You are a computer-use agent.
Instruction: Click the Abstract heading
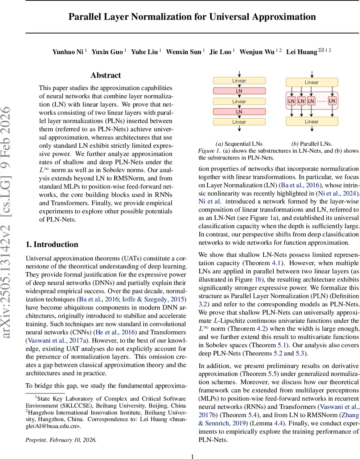coord(105,75)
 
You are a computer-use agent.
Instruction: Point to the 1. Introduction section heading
coord(52,244)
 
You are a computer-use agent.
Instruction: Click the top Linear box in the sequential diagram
coord(239,81)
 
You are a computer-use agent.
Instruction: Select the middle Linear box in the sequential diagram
coord(239,101)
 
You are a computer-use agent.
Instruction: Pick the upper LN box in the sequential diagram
coord(239,91)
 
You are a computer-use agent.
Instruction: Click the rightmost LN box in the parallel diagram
coord(332,101)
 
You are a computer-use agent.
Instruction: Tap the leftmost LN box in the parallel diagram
coord(292,101)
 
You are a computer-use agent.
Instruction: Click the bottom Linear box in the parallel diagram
coord(312,122)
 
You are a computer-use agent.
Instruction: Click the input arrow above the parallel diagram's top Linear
coord(312,74)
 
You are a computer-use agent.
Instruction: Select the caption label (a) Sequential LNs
coord(239,144)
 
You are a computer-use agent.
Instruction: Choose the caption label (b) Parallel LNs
coord(312,144)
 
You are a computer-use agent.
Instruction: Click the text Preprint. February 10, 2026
coord(61,439)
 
